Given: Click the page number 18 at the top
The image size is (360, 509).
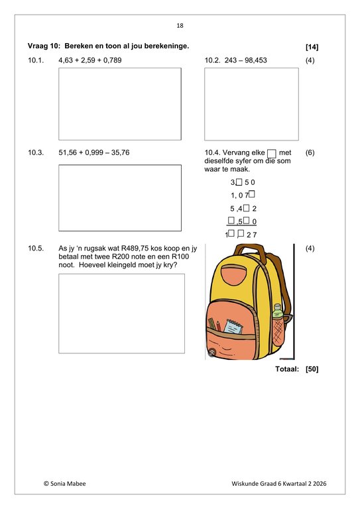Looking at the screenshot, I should click(180, 25).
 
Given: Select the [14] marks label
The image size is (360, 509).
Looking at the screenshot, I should click(312, 47).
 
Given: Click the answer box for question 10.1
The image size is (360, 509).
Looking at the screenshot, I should click(120, 103).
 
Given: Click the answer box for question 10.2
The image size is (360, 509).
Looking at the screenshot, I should click(251, 103).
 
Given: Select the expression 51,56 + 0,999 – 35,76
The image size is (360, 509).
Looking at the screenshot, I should click(94, 152).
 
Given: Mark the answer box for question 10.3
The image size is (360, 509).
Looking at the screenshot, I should click(120, 188).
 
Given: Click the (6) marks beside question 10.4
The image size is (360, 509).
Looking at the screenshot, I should click(310, 152).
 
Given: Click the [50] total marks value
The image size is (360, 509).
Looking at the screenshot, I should click(312, 368).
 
